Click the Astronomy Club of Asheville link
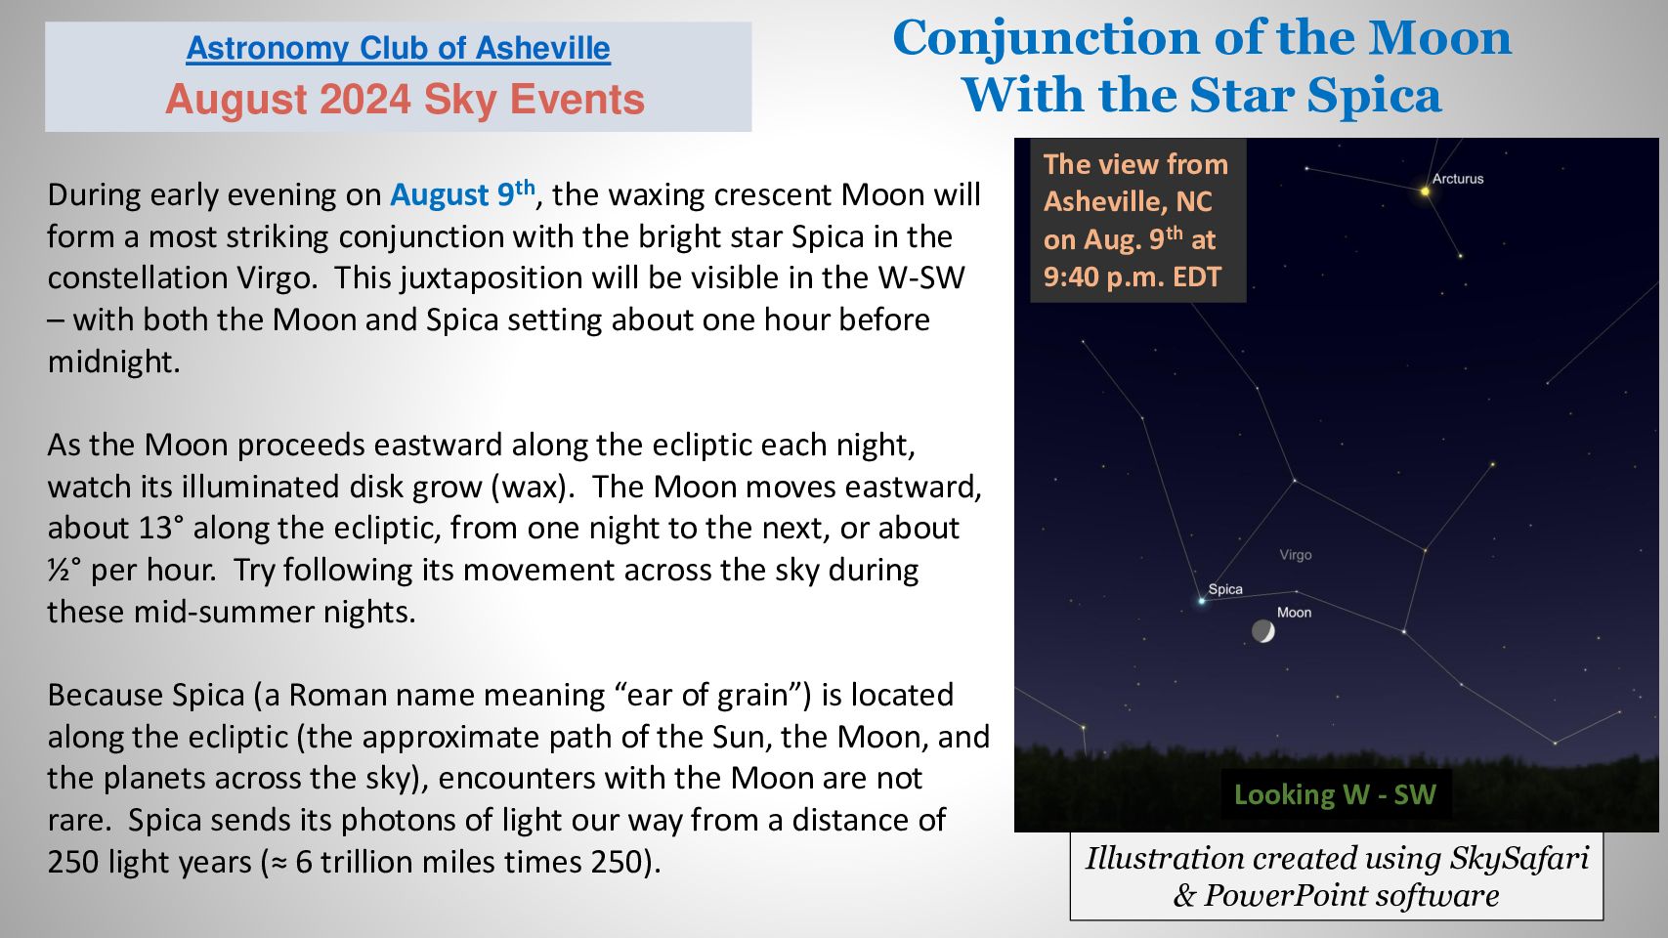[399, 49]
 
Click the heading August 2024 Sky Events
[405, 100]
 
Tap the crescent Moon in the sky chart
[1262, 631]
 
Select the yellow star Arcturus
[1425, 192]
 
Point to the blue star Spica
[1201, 601]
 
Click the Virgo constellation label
[1296, 555]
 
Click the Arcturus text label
[1457, 179]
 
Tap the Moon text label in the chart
[1294, 613]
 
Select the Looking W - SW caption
[1335, 795]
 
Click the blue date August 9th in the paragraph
[462, 194]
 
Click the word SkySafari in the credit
[1519, 858]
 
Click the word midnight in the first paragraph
[114, 362]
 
